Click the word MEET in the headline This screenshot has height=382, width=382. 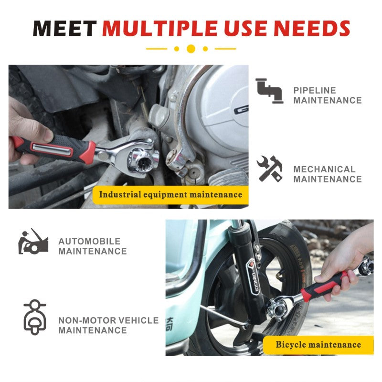click(64, 28)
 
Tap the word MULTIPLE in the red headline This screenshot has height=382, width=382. click(159, 28)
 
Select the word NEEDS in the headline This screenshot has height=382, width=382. click(312, 28)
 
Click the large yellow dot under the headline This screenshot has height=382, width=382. click(191, 49)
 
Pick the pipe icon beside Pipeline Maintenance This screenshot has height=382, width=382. click(269, 91)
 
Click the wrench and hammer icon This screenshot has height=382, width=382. click(269, 169)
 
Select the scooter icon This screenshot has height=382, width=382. click(35, 317)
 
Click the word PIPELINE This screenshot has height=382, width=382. click(315, 90)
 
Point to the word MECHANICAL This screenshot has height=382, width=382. click(324, 170)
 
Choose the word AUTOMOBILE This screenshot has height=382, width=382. click(89, 241)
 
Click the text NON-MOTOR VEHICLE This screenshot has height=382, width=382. click(109, 320)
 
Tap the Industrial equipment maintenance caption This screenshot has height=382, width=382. click(170, 195)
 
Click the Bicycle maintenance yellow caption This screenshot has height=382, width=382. click(318, 344)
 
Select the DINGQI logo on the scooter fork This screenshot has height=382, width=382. click(255, 278)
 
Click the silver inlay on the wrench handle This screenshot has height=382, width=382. click(53, 149)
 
